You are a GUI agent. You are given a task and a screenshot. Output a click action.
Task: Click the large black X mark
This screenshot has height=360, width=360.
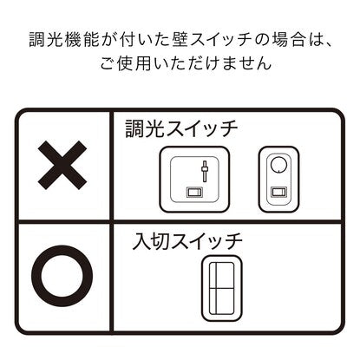click(62, 165)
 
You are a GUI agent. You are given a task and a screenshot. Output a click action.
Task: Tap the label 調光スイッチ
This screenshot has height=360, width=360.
click(181, 129)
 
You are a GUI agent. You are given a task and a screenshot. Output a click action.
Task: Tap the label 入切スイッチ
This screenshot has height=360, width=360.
click(187, 242)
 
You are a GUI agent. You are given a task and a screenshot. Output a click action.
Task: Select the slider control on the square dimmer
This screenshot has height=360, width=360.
click(205, 171)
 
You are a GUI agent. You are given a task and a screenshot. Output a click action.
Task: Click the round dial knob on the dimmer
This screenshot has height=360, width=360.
click(278, 165)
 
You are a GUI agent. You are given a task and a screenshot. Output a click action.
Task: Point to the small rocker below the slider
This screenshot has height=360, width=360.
click(194, 192)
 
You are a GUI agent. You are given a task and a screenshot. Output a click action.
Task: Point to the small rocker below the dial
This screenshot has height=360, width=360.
click(278, 192)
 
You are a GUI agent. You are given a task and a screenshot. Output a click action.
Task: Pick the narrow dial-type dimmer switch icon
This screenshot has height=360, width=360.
click(278, 180)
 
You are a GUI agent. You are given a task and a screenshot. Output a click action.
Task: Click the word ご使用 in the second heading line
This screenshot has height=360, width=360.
click(126, 62)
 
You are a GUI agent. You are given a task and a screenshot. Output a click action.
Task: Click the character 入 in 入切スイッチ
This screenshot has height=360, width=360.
click(141, 242)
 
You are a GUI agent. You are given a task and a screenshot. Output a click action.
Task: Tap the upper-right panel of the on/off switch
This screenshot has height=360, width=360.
click(225, 275)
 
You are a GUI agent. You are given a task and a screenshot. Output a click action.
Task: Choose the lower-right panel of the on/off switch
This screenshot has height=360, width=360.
click(225, 302)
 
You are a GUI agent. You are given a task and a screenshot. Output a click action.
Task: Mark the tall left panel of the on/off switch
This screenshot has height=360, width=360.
click(212, 288)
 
